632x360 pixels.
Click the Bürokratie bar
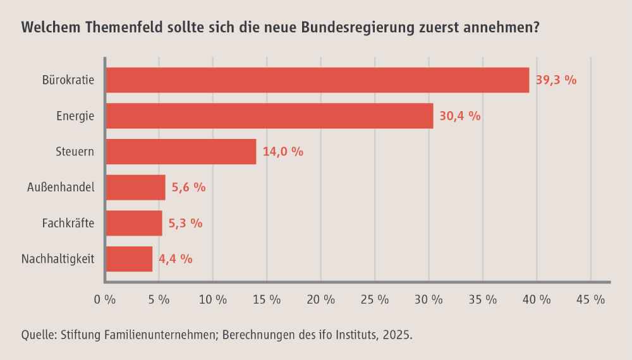317,80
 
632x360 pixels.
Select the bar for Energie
270,116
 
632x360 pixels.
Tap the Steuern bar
181,152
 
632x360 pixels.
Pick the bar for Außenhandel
136,188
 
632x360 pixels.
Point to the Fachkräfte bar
135,223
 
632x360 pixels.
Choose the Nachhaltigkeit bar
130,259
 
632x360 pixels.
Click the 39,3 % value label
556,81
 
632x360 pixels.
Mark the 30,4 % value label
460,116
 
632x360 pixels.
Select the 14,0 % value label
283,152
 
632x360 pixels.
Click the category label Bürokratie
68,81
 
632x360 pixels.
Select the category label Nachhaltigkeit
58,259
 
